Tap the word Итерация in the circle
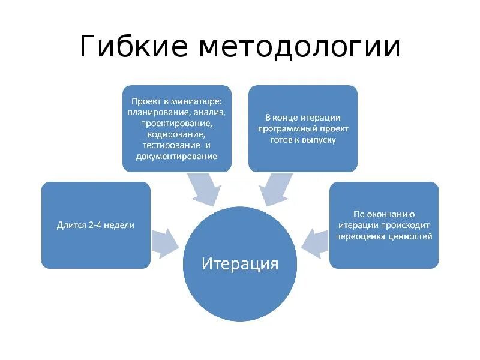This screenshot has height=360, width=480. [x=240, y=263]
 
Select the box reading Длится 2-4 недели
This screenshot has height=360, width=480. [x=96, y=225]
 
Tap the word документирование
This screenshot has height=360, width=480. [x=177, y=156]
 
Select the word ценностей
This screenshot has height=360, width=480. [x=412, y=236]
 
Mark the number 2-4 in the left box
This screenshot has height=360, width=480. [x=91, y=225]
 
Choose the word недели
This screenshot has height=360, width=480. [x=117, y=225]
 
